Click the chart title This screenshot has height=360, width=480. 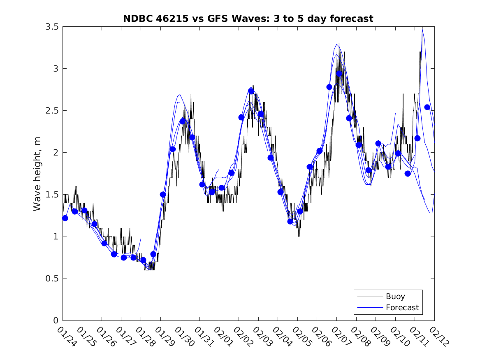click(248, 19)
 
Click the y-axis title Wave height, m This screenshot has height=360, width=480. click(37, 174)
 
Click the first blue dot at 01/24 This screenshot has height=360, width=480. click(65, 218)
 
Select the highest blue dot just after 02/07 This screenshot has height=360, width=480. click(339, 74)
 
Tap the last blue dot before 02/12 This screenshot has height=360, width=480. click(427, 107)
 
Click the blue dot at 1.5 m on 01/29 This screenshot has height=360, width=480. click(163, 195)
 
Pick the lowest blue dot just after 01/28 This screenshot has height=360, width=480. click(143, 260)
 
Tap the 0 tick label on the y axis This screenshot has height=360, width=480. click(56, 321)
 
